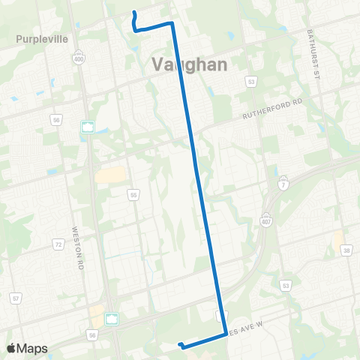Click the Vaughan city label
(190, 64)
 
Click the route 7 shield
(283, 184)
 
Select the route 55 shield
(133, 195)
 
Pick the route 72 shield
(57, 244)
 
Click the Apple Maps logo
(27, 348)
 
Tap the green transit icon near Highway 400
(88, 127)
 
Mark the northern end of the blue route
(133, 13)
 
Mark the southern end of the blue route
(181, 345)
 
